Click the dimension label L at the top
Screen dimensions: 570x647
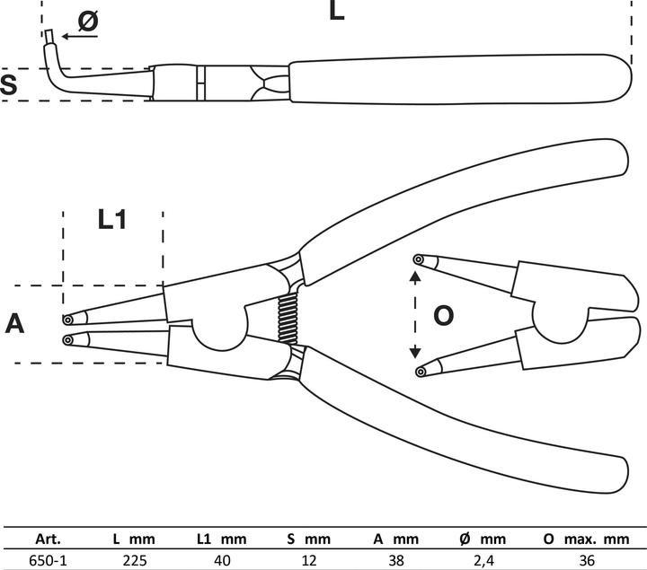336,12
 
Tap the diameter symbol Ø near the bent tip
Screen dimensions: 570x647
87,22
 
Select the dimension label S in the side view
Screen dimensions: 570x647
9,85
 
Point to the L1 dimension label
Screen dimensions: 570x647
111,220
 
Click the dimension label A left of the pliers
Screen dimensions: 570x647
14,323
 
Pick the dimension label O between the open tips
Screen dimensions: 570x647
443,315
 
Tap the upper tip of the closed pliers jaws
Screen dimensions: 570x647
68,319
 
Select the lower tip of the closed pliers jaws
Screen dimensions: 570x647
68,338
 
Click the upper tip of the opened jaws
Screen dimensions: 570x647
418,260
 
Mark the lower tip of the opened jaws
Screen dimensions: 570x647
418,371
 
